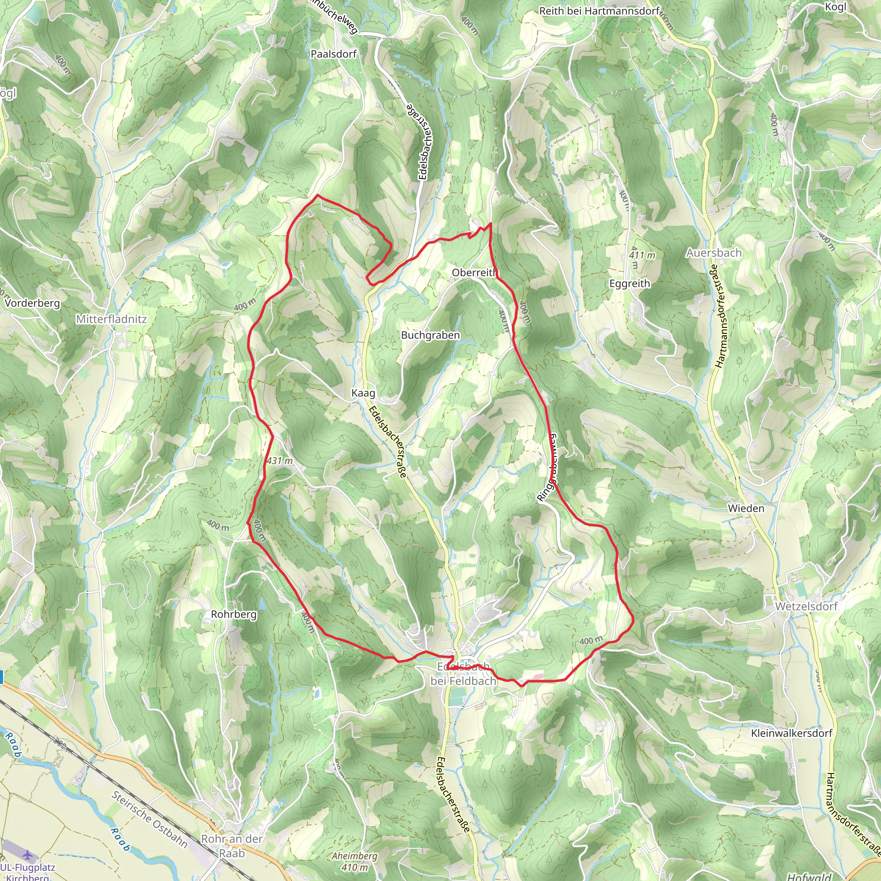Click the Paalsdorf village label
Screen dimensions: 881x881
tap(333, 54)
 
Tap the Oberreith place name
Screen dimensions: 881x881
tap(474, 272)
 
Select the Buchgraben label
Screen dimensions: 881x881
tap(430, 335)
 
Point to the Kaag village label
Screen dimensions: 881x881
tap(363, 393)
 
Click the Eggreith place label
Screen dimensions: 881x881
tap(629, 283)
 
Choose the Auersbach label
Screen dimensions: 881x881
tap(714, 253)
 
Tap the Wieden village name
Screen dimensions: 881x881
tap(745, 508)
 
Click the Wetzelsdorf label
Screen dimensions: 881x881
tap(806, 607)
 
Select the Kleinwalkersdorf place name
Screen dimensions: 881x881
tap(792, 733)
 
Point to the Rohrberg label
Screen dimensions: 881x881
tap(234, 614)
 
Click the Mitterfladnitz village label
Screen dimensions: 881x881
tap(111, 319)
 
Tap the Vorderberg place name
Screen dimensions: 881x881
tap(32, 303)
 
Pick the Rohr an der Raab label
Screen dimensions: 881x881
tap(232, 846)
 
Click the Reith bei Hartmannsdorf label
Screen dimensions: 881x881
tap(599, 11)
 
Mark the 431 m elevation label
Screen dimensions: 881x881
tap(279, 461)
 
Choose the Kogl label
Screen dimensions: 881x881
tap(835, 6)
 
